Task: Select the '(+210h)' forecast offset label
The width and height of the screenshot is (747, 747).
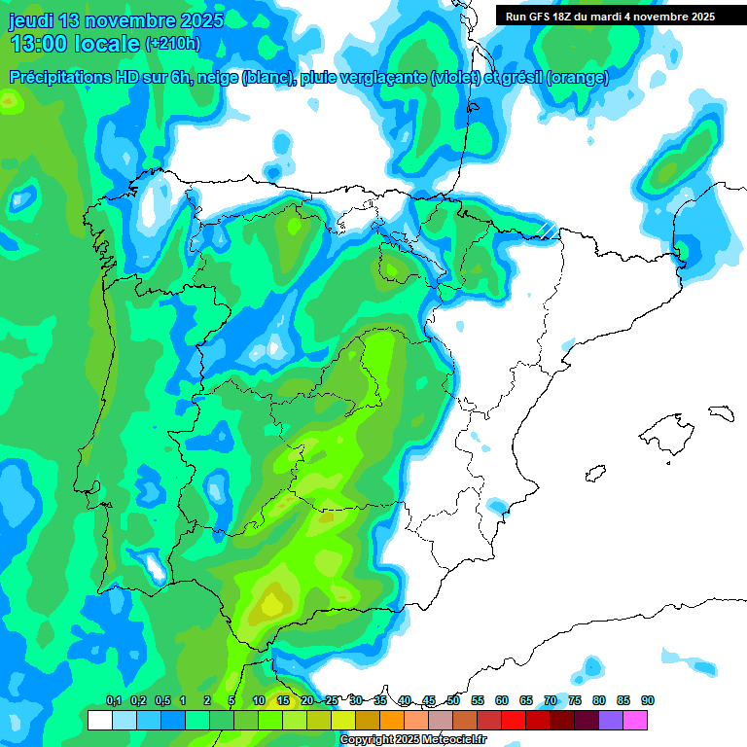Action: coord(172,44)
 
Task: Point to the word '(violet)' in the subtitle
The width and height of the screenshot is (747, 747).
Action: coord(455,78)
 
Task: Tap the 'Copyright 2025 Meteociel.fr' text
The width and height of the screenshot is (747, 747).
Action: coord(412,740)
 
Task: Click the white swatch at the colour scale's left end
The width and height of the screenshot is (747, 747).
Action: coord(99,721)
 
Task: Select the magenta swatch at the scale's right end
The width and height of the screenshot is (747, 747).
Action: coord(635,721)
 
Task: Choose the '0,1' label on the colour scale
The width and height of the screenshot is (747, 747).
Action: coord(114,701)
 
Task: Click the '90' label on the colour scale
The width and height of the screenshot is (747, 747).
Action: coord(647,701)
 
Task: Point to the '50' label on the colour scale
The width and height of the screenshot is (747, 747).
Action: coord(453,701)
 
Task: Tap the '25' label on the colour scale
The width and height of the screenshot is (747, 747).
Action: coord(331,701)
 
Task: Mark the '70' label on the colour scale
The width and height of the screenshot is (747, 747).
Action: coord(551,701)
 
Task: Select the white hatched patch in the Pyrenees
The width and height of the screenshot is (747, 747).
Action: coord(549,229)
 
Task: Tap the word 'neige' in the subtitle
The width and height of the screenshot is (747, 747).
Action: coord(218,78)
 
